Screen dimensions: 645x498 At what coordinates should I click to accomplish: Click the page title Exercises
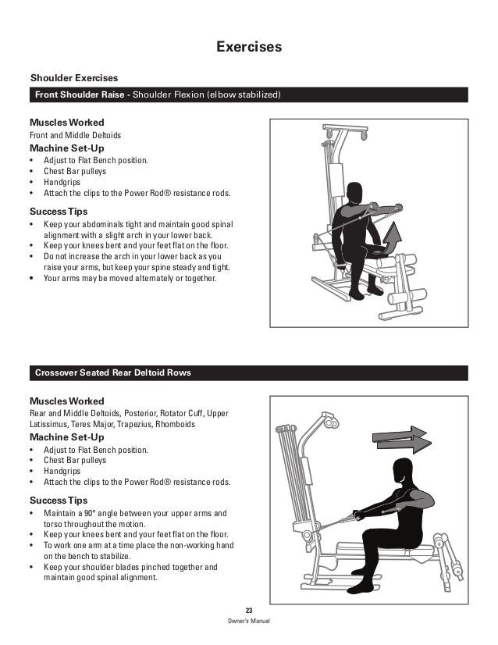[249, 48]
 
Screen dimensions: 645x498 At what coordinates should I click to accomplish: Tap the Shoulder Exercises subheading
[73, 78]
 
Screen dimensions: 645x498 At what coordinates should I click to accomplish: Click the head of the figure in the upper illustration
[355, 192]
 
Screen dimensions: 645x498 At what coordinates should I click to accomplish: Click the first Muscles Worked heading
[66, 123]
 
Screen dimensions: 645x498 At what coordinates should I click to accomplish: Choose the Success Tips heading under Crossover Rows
[58, 499]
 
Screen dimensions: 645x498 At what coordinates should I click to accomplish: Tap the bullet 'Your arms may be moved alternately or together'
[130, 278]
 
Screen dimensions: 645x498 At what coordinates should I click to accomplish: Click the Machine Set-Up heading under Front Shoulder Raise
[66, 148]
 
